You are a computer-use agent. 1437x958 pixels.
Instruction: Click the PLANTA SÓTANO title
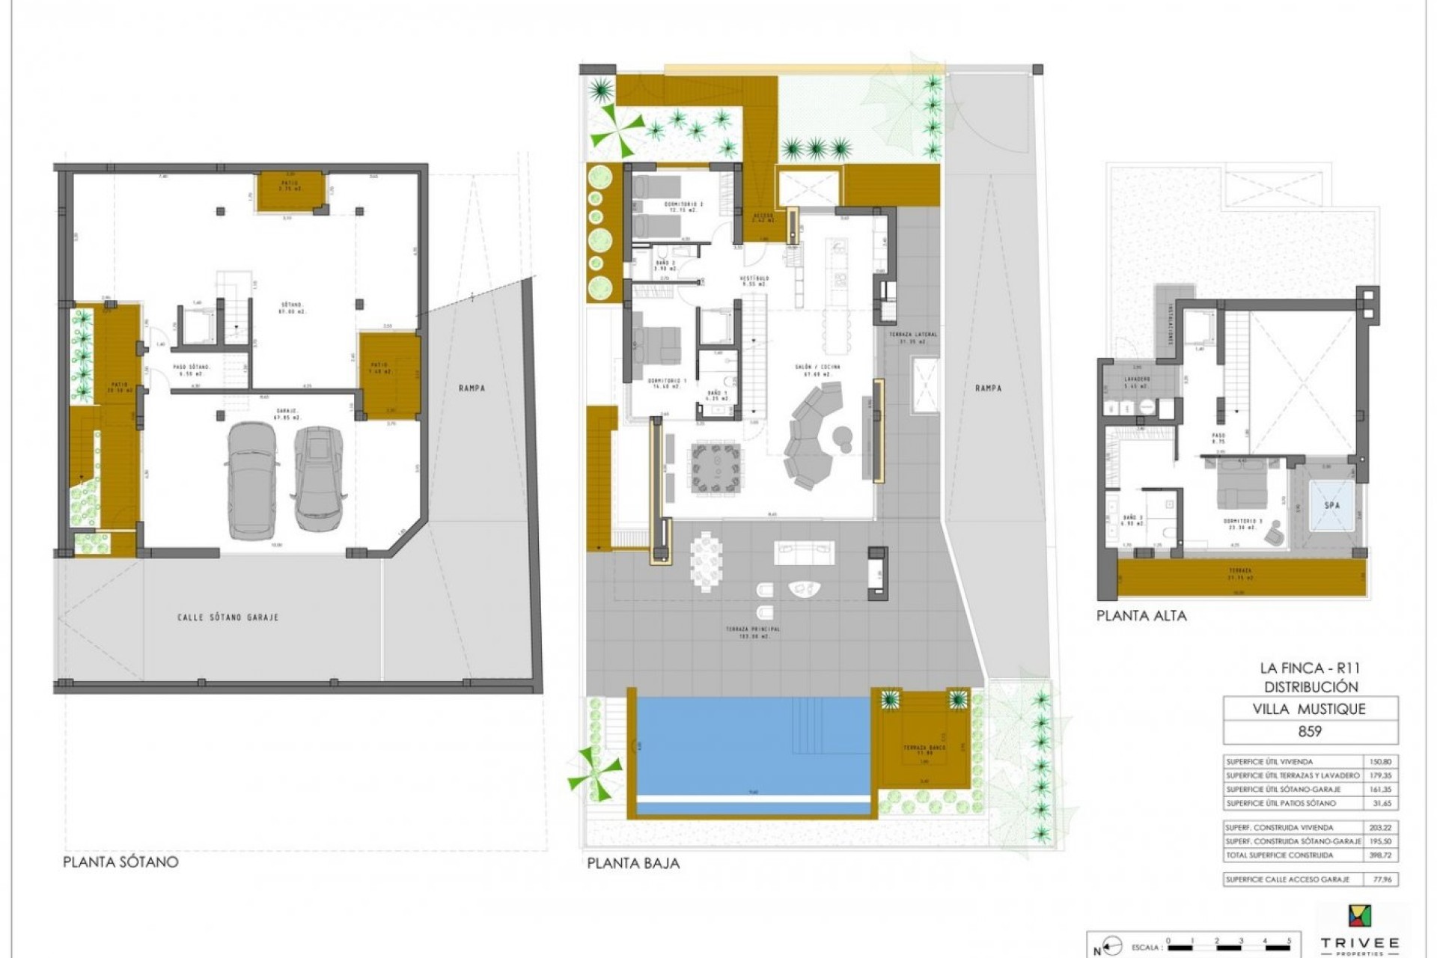pos(120,861)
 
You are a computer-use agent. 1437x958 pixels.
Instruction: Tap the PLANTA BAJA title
pos(633,863)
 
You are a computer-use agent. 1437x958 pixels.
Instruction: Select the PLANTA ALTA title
pos(1141,616)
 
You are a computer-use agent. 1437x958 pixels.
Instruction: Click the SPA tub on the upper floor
pos(1332,506)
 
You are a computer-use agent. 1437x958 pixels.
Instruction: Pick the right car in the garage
pos(318,476)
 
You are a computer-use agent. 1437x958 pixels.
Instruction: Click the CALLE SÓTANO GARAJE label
pos(228,617)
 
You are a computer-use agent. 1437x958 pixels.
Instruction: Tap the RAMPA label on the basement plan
pos(472,388)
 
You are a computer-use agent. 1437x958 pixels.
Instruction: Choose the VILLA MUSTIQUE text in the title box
pos(1309,709)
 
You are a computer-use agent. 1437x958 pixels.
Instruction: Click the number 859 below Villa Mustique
pos(1309,731)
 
